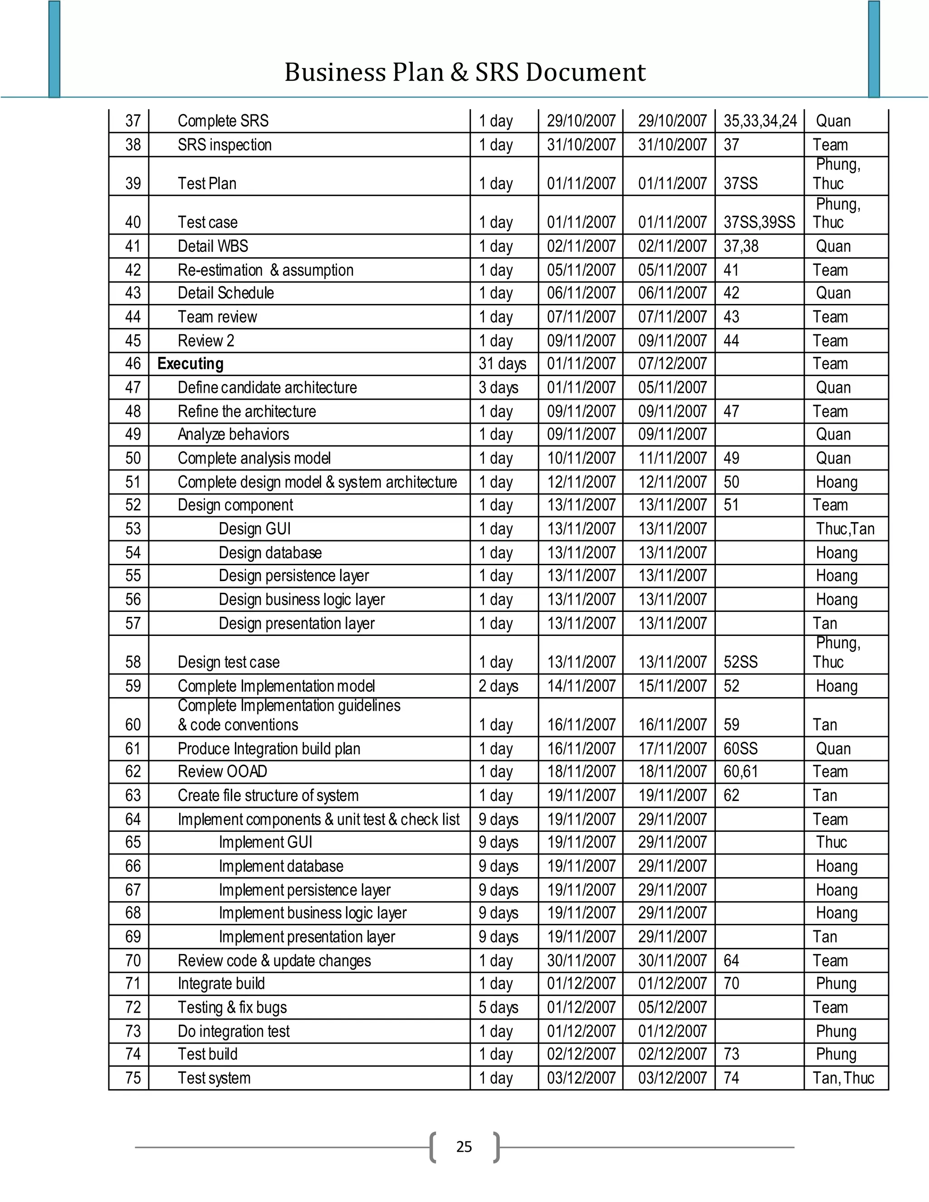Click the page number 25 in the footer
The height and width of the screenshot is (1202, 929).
click(464, 1146)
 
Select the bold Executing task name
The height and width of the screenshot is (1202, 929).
click(191, 364)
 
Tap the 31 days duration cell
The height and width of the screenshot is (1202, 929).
click(502, 364)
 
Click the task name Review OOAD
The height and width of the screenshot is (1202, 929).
click(222, 772)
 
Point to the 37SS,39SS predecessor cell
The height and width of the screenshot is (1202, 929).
click(759, 222)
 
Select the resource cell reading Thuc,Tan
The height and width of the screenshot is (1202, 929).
click(845, 529)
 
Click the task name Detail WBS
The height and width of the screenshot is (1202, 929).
click(213, 246)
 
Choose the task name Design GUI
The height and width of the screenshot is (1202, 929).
click(254, 529)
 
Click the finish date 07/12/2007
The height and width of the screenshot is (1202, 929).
click(672, 364)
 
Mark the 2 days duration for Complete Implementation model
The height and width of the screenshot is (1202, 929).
click(498, 686)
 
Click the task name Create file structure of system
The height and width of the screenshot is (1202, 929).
click(268, 795)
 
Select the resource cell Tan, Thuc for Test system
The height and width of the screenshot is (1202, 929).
click(843, 1078)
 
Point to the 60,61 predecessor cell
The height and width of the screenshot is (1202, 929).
click(740, 772)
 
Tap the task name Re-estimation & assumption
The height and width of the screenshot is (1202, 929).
click(265, 270)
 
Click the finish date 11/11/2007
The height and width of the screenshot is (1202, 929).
click(672, 459)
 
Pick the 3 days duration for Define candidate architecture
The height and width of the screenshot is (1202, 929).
click(498, 387)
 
